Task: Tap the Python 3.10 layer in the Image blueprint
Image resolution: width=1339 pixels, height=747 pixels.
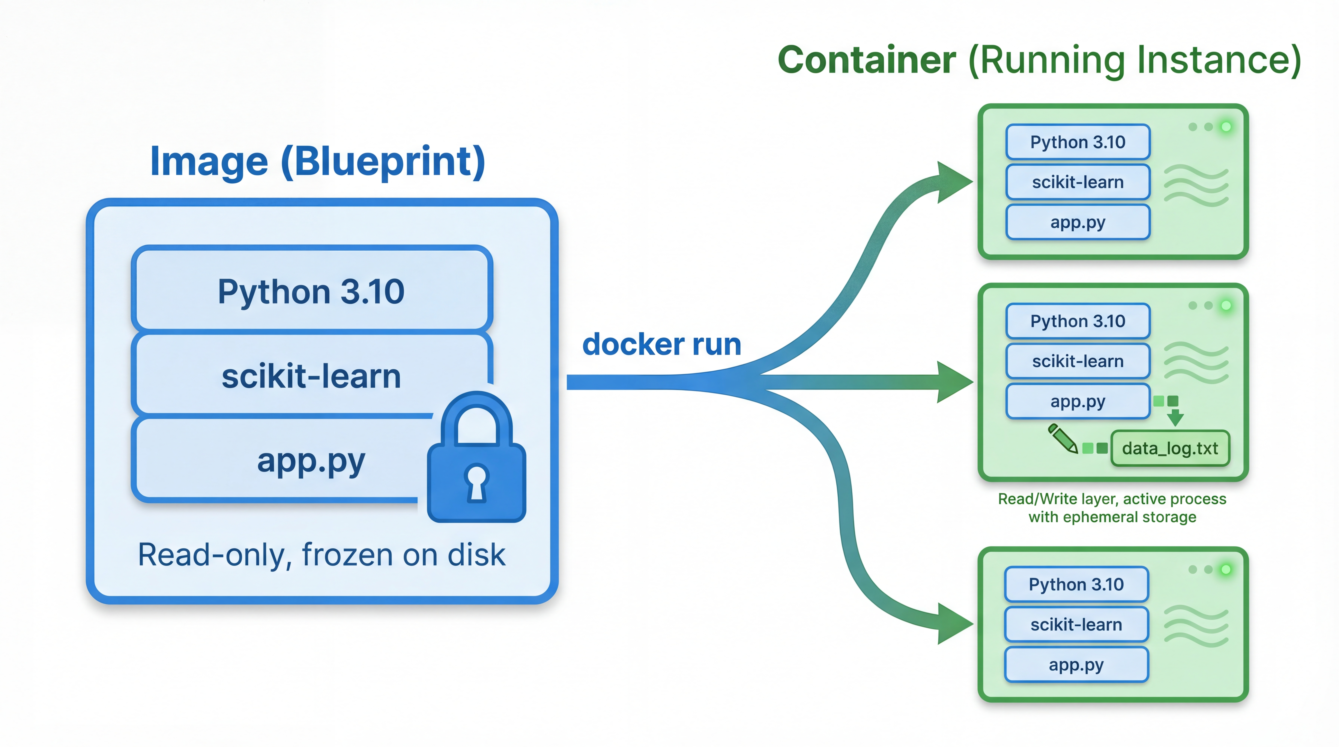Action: pyautogui.click(x=311, y=291)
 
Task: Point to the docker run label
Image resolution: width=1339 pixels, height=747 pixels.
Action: pyautogui.click(x=661, y=344)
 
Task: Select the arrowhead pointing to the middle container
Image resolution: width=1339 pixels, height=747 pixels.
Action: pyautogui.click(x=954, y=382)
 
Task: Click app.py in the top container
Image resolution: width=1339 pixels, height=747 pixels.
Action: pyautogui.click(x=1077, y=222)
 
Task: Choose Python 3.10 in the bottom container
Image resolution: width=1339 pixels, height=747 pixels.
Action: pyautogui.click(x=1076, y=584)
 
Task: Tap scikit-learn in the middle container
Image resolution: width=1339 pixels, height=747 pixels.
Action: pyautogui.click(x=1077, y=361)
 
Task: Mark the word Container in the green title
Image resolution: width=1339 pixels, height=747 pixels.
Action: pyautogui.click(x=867, y=60)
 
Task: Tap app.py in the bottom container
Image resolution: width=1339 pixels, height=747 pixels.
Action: pyautogui.click(x=1076, y=665)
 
